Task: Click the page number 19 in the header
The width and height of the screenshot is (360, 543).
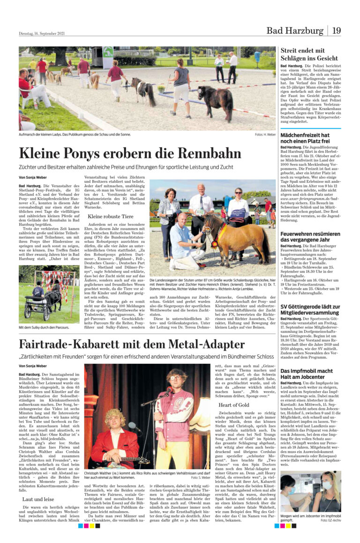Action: tap(337, 31)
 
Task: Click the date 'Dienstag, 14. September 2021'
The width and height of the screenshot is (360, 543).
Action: tap(42, 33)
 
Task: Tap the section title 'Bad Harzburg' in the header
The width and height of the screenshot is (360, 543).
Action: tap(295, 31)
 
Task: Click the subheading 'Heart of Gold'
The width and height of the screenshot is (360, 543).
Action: tap(234, 405)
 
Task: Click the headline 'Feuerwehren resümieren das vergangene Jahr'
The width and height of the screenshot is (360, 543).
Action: tap(310, 237)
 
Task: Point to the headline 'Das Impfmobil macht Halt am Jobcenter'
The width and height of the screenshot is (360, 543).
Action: tap(307, 374)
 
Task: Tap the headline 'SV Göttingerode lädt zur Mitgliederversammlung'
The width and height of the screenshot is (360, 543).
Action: tap(310, 309)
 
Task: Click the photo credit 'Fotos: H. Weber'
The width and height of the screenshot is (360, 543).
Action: tap(265, 135)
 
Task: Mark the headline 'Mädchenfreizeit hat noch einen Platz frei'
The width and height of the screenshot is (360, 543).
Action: tap(305, 138)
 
